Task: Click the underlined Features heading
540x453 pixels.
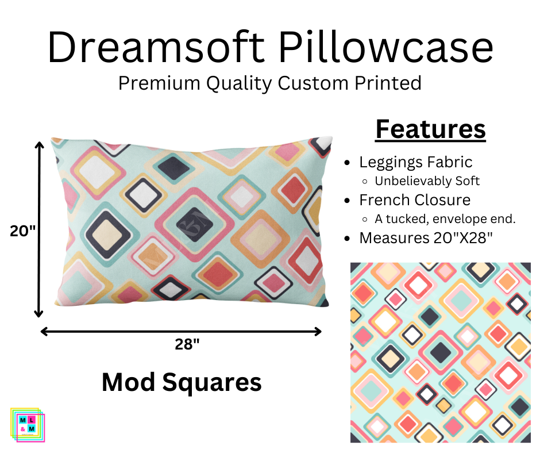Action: [x=430, y=129]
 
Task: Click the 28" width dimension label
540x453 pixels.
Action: [x=187, y=344]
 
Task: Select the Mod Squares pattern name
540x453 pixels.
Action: [x=182, y=382]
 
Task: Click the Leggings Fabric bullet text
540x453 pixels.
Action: [x=416, y=162]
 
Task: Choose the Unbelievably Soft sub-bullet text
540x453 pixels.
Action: [x=427, y=181]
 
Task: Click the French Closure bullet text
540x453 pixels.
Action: [x=415, y=200]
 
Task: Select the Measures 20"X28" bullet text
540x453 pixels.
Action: [x=426, y=237]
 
